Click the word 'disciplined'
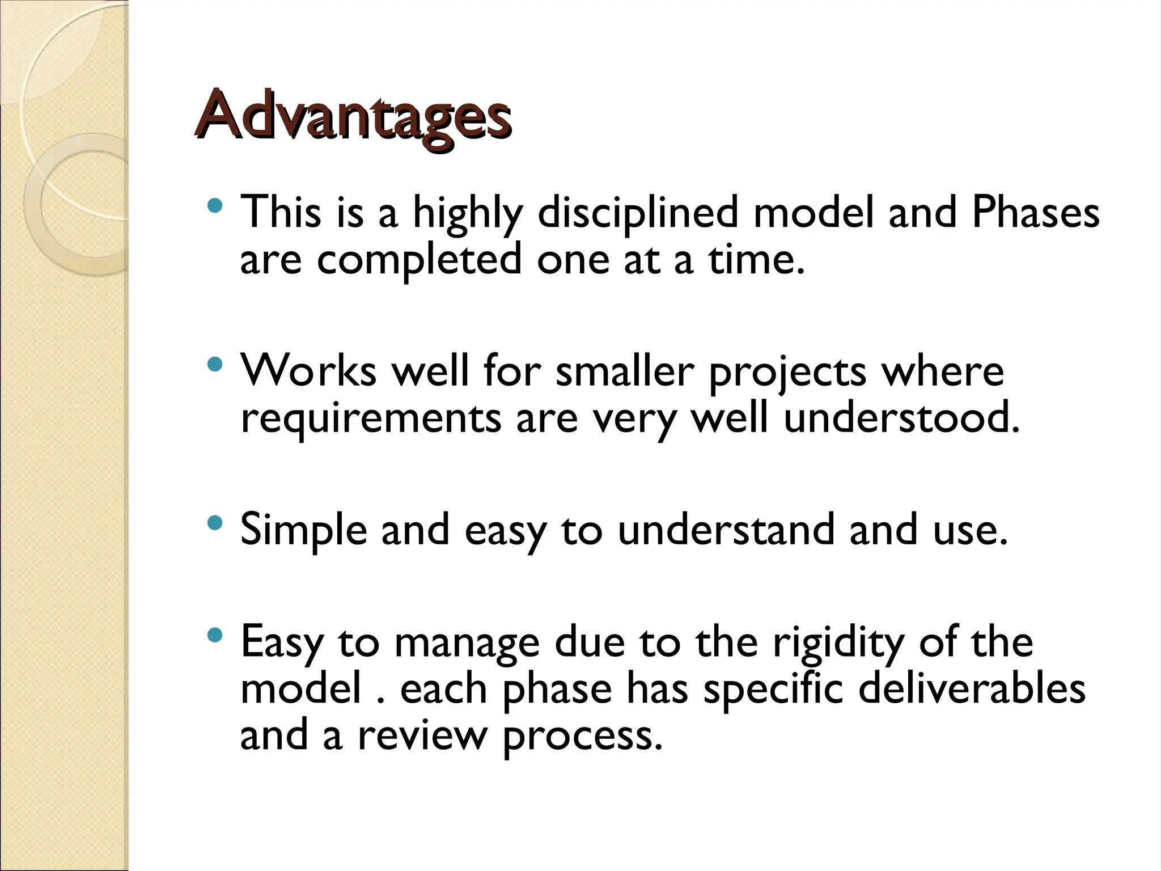tap(638, 213)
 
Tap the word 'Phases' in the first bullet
tap(1035, 212)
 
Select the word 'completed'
tap(418, 260)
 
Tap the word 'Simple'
tap(303, 531)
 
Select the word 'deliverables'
tap(972, 688)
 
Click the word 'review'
tap(422, 735)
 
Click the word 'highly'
tap(467, 213)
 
